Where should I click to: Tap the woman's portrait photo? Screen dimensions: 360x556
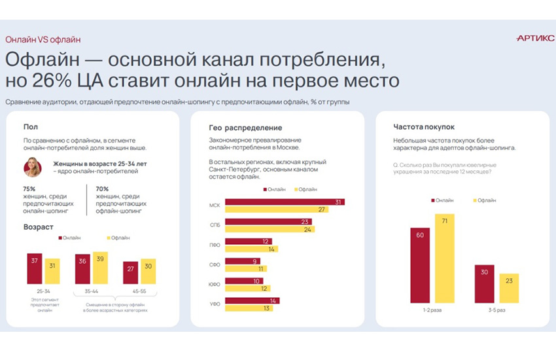(32, 168)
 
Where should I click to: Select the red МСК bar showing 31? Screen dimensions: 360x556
(285, 202)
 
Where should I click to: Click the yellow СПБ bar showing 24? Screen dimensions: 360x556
(269, 230)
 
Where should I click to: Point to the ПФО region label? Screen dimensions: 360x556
(214, 245)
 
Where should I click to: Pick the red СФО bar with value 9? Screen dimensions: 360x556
(242, 261)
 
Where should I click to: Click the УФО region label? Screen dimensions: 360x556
(214, 303)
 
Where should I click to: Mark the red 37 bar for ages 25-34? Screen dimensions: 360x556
(35, 268)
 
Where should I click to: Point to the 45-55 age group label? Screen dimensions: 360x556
(139, 291)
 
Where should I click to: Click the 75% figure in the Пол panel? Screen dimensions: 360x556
(29, 189)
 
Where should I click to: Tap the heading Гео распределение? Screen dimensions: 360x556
(245, 128)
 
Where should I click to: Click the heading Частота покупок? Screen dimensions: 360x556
(423, 126)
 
